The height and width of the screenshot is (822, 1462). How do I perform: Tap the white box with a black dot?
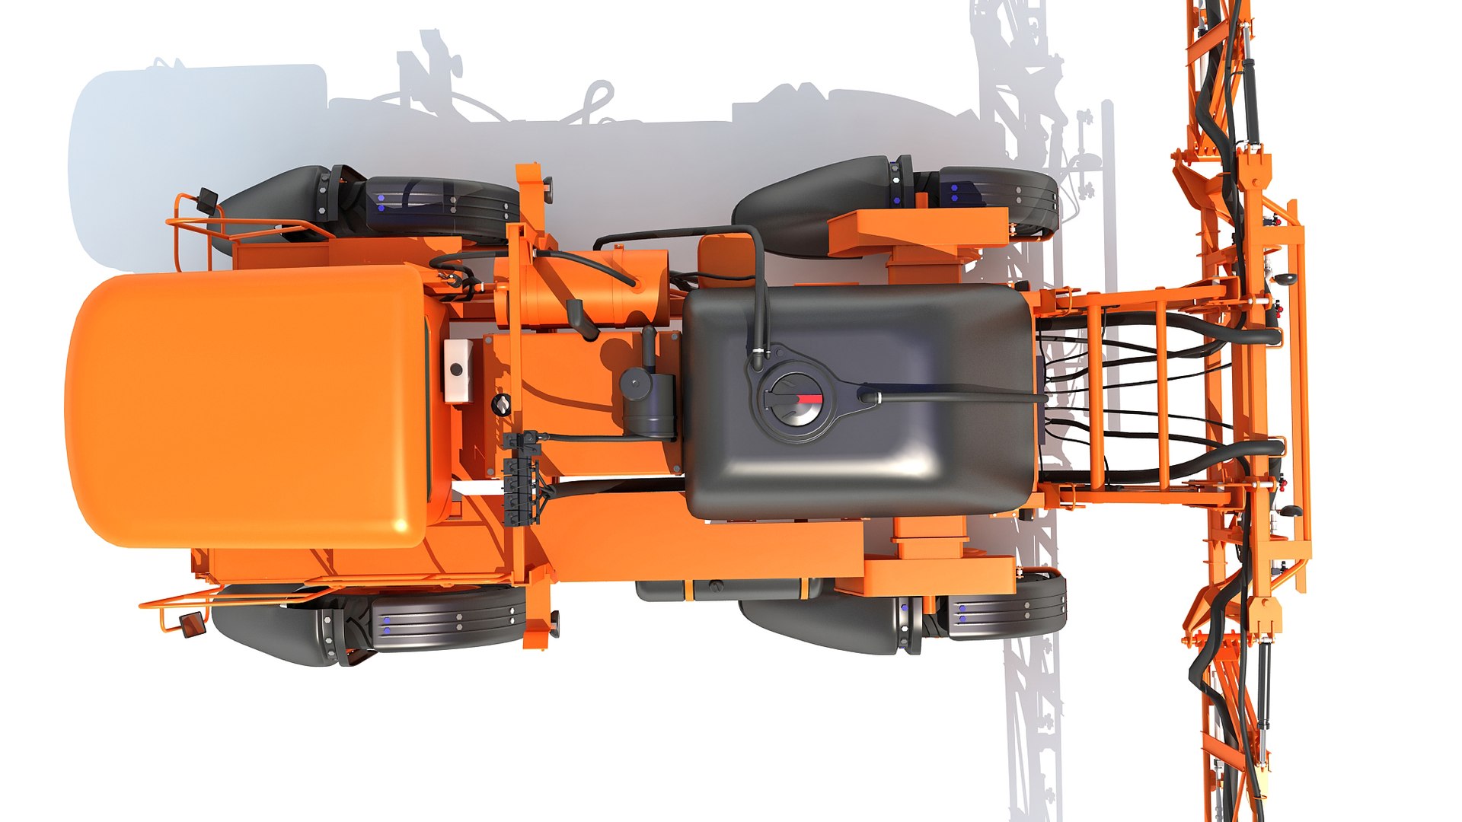[457, 370]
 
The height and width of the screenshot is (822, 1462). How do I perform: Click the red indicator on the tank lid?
[809, 399]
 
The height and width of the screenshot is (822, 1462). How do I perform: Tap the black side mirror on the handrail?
[206, 200]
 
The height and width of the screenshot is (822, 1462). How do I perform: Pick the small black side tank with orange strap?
[731, 588]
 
